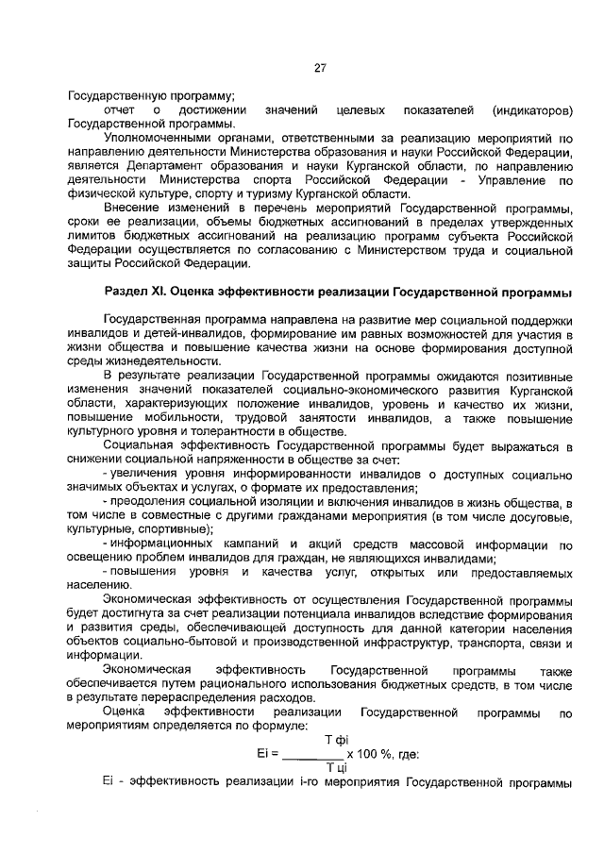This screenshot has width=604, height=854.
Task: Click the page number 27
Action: pos(320,68)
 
